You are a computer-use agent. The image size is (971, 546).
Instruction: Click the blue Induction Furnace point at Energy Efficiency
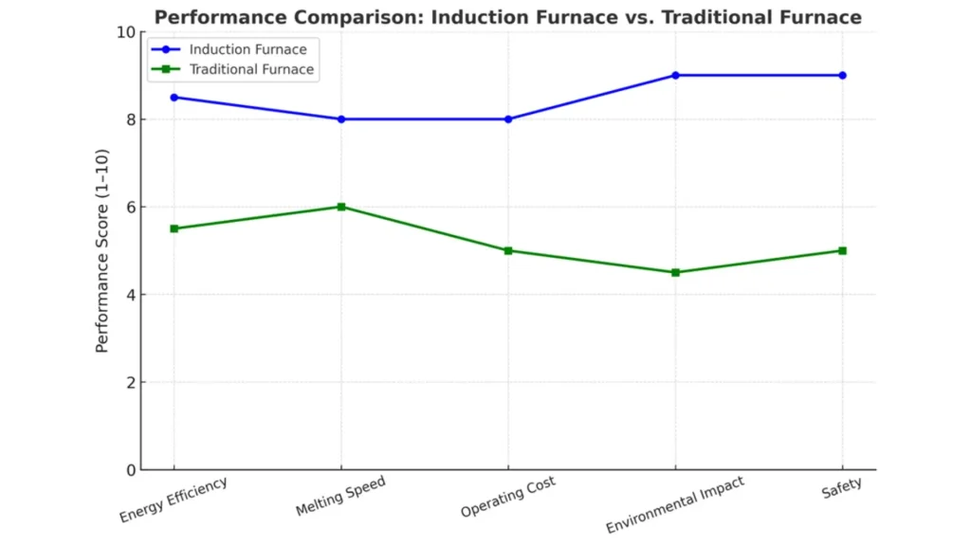174,98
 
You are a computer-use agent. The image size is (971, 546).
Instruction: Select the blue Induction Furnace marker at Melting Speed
341,119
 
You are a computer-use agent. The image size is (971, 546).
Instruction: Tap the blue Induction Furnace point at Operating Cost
508,119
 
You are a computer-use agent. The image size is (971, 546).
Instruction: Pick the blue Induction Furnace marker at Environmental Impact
675,75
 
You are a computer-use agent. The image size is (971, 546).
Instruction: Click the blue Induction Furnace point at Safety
842,75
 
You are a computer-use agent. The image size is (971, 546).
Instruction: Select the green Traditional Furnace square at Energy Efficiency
174,228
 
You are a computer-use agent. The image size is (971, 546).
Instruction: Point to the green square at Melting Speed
341,207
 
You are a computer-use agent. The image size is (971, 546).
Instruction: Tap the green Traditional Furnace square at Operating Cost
508,250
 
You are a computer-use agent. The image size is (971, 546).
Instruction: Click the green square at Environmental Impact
675,272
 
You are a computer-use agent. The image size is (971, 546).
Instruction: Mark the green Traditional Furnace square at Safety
842,250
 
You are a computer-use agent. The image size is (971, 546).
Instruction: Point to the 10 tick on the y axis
125,32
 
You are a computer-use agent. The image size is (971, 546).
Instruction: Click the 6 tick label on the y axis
129,208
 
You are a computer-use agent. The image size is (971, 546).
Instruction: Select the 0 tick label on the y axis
129,470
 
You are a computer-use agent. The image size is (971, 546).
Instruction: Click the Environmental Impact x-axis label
674,506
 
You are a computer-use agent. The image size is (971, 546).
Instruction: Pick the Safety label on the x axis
842,485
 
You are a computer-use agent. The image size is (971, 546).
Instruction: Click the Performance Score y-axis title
102,250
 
